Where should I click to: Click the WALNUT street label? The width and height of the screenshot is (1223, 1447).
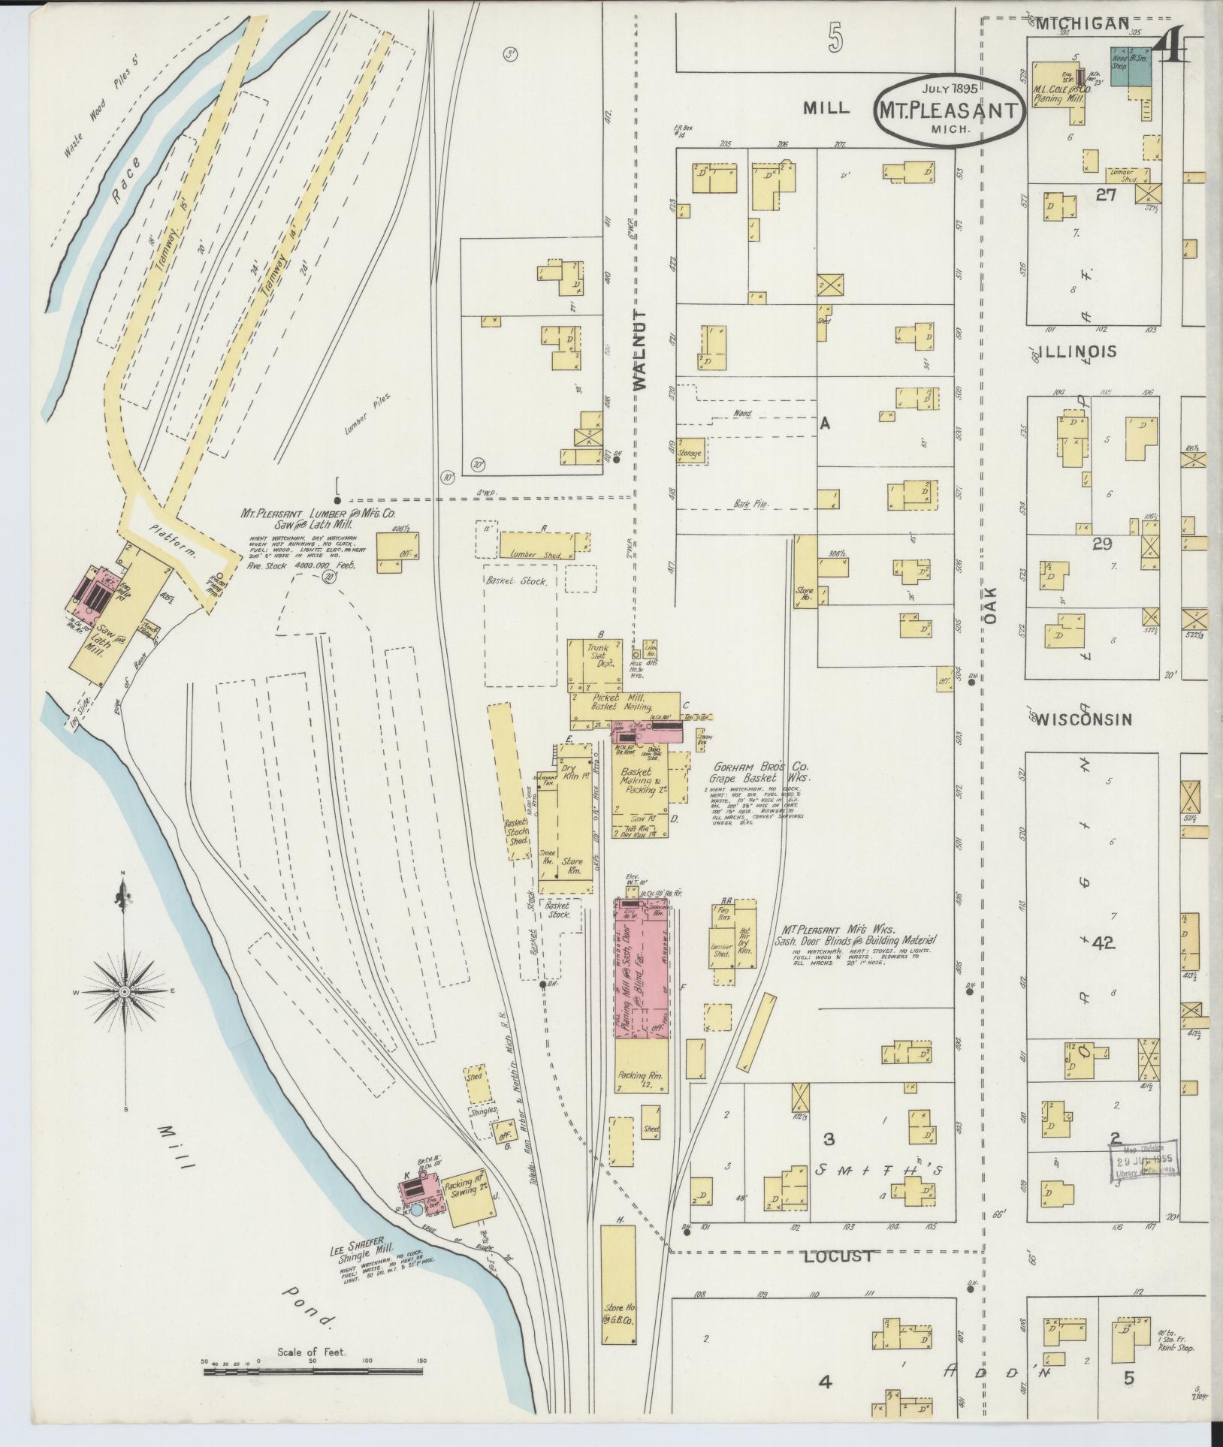coord(639,350)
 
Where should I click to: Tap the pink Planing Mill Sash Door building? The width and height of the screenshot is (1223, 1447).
coord(642,969)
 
